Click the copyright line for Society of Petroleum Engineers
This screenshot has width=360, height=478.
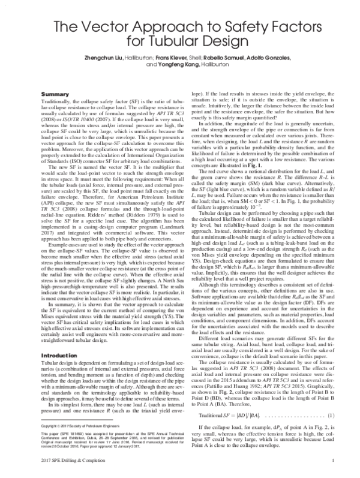71,425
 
